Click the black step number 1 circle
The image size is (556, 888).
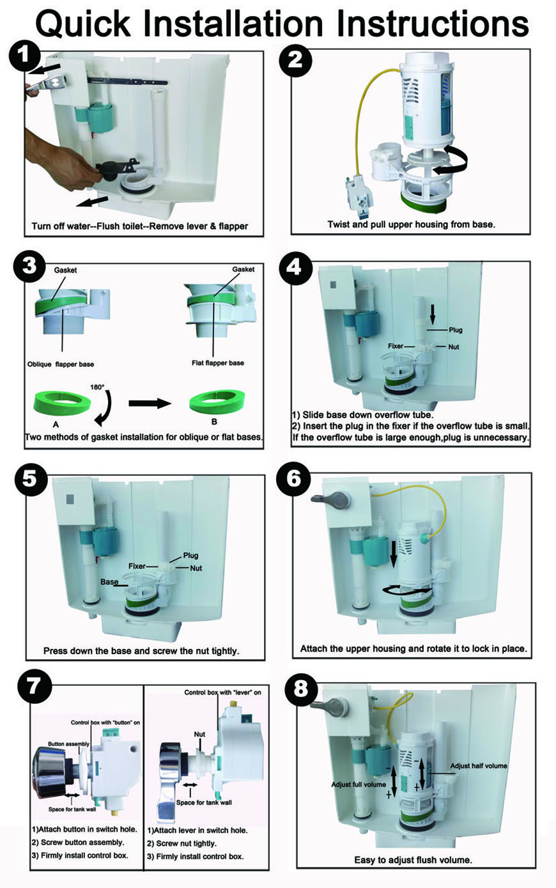pos(24,56)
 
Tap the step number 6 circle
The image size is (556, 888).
pos(295,481)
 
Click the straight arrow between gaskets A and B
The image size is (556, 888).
pos(151,403)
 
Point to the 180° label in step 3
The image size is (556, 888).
pos(97,387)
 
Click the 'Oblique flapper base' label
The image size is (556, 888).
pos(61,364)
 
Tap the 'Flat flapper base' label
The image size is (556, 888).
pos(217,363)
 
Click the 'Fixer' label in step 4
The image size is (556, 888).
pos(396,346)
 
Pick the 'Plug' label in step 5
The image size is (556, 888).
pos(190,556)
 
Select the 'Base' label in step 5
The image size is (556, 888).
pos(109,582)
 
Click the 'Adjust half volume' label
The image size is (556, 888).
pos(479,765)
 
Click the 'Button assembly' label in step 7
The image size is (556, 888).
pos(68,744)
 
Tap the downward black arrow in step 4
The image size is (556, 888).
pos(433,313)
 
